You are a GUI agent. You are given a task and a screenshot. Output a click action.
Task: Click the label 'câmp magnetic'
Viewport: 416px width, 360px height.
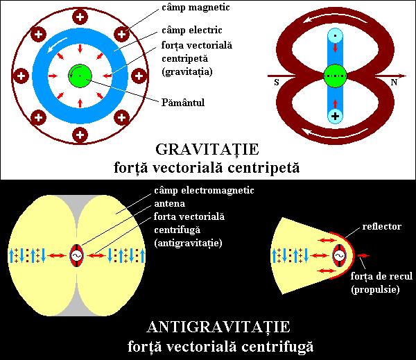click(x=196, y=8)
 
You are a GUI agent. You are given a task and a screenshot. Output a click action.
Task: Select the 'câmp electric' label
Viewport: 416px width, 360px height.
click(x=192, y=31)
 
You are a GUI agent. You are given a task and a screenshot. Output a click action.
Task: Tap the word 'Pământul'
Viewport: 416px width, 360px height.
click(x=183, y=103)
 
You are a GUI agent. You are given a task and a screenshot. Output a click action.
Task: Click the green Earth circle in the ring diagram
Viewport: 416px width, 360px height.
click(x=80, y=76)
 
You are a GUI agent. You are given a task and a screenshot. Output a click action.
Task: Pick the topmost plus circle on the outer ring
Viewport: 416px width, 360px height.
click(x=80, y=17)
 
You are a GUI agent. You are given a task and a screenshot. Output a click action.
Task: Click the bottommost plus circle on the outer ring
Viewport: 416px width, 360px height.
click(x=80, y=135)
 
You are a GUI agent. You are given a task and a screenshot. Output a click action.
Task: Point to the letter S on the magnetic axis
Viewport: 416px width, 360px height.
click(x=277, y=83)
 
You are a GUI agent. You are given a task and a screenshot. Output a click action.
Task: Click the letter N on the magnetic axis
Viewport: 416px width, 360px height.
click(x=394, y=83)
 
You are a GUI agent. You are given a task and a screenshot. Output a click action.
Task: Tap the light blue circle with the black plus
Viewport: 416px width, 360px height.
click(x=336, y=116)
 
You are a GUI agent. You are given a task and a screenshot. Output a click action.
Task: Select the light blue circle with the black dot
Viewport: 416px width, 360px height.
click(x=336, y=35)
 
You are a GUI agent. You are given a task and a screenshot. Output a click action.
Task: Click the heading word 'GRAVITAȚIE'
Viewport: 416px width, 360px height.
click(x=207, y=150)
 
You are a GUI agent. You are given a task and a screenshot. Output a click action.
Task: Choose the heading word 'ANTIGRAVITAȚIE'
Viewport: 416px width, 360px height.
click(x=218, y=327)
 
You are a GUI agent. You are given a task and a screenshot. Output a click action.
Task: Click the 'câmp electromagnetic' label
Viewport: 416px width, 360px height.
click(x=204, y=191)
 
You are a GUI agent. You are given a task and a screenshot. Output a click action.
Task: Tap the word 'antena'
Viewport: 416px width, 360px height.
click(x=170, y=204)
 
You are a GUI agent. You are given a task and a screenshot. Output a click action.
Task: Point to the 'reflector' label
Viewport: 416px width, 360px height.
click(x=382, y=226)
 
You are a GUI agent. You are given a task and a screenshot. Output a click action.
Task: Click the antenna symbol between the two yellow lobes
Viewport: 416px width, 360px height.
click(x=76, y=255)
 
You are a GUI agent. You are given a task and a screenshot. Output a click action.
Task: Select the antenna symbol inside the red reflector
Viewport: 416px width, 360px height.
click(x=340, y=255)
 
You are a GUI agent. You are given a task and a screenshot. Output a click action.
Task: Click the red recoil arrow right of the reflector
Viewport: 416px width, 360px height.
click(x=363, y=255)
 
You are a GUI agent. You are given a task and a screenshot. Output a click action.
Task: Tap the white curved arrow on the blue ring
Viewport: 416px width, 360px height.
click(x=57, y=44)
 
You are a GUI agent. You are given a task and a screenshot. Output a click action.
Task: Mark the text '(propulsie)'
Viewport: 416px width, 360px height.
click(x=375, y=290)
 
